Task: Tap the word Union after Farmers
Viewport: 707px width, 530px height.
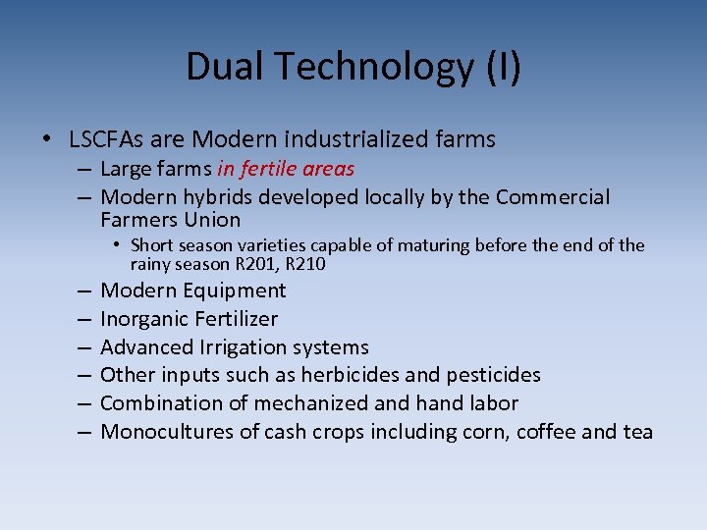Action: (209, 220)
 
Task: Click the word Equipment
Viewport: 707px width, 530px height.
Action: (232, 291)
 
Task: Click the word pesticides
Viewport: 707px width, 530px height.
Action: (498, 375)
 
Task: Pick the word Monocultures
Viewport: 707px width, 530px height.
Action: (166, 432)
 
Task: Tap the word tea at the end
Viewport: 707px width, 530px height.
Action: (636, 432)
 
